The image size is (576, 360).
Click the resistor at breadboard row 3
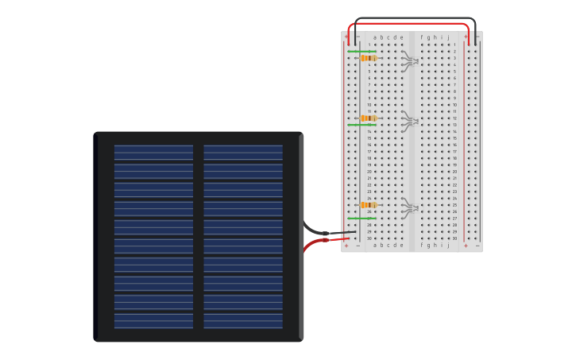[368, 58]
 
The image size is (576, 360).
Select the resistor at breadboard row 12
[368, 118]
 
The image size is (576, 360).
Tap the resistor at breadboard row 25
[368, 205]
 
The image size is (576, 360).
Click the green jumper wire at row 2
[361, 51]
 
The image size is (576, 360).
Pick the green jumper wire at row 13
[361, 125]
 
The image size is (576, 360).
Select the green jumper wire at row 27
[361, 218]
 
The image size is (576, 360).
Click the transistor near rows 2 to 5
[410, 60]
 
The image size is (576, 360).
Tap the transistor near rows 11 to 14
[410, 121]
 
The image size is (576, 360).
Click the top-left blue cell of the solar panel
[153, 152]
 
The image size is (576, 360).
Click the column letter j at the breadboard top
[448, 37]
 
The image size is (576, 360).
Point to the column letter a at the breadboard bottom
[375, 246]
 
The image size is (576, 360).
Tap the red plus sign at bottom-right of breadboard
[466, 246]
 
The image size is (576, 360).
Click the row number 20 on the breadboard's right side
[454, 172]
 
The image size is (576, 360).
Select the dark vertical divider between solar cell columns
[198, 236]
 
